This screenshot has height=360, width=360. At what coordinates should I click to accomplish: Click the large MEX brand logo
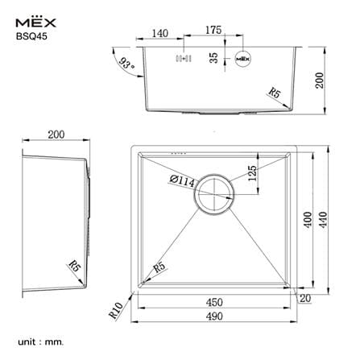pos(35,23)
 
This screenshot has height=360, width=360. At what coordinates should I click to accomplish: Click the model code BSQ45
pos(31,36)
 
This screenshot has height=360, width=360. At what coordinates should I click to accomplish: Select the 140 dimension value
pos(160,34)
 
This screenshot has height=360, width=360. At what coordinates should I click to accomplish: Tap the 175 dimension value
pos(213,30)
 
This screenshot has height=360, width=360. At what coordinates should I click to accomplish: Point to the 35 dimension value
pos(213,58)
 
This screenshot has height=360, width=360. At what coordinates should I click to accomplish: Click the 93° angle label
pos(126,64)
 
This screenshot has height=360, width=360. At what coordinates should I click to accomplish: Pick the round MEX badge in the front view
pos(243,59)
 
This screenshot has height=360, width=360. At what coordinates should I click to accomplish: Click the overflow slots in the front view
pos(184,58)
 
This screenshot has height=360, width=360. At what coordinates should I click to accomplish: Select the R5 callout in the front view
pos(275,93)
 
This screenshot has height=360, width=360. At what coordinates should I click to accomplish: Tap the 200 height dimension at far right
pos(320,80)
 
